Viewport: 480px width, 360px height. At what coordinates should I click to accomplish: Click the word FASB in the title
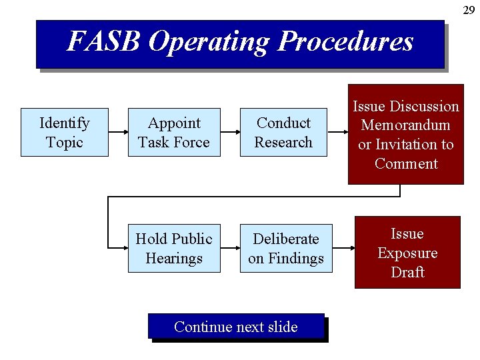tap(104, 42)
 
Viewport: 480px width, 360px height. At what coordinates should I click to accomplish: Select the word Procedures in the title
tap(345, 42)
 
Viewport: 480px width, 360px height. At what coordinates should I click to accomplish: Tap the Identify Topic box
tap(65, 132)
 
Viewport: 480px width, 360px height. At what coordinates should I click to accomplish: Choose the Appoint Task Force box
tap(174, 132)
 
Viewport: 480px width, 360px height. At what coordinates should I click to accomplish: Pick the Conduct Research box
tap(283, 132)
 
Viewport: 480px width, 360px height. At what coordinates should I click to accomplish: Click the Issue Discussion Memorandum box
tap(406, 134)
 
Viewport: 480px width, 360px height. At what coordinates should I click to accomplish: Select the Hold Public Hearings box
tap(174, 248)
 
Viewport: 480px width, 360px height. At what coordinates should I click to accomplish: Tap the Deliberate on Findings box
tap(286, 248)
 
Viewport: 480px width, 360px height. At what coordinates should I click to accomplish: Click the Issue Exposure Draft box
tap(407, 252)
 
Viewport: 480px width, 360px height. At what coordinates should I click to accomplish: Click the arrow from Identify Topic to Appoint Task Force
tap(118, 133)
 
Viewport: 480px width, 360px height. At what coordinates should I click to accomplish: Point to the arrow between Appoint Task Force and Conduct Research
tap(230, 133)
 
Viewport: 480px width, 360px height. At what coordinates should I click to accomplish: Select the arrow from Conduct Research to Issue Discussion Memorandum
tap(337, 133)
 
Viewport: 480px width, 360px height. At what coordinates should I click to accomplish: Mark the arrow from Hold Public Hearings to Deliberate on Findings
tap(230, 249)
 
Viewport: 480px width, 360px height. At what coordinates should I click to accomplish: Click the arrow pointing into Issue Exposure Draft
tap(343, 249)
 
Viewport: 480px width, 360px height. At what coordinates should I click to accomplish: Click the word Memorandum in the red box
tap(406, 125)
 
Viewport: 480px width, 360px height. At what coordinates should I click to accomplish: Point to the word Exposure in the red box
tap(407, 253)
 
